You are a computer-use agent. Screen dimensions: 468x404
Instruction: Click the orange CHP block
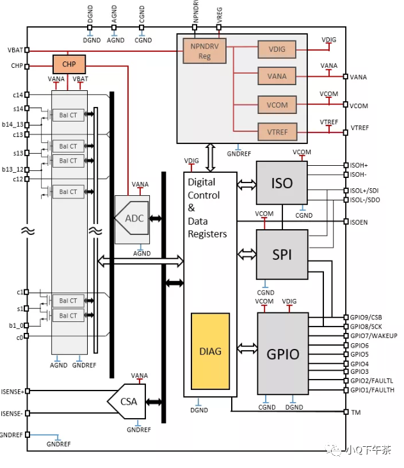click(69, 65)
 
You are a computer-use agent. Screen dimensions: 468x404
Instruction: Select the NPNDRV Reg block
click(205, 51)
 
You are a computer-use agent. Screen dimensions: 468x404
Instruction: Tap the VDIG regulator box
click(277, 49)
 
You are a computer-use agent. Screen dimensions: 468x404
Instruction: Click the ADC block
click(133, 218)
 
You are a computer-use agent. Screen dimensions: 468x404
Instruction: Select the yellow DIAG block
click(210, 351)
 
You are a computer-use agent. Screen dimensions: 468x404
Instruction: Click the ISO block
click(282, 183)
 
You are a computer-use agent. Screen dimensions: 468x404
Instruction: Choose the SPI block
click(282, 254)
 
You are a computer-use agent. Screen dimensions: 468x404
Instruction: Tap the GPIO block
click(282, 353)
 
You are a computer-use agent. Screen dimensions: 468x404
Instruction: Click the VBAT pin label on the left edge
click(15, 50)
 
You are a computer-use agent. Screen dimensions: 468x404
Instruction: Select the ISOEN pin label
click(360, 222)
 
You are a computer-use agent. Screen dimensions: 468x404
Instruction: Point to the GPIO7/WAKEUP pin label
click(373, 336)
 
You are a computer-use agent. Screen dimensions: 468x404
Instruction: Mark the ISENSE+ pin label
click(12, 391)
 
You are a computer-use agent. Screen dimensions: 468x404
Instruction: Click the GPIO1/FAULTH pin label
click(372, 390)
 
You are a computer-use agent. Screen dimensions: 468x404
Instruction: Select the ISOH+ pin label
click(359, 165)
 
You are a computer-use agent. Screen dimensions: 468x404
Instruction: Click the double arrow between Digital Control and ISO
click(246, 184)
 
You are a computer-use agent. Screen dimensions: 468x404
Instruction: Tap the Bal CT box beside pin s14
click(69, 115)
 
